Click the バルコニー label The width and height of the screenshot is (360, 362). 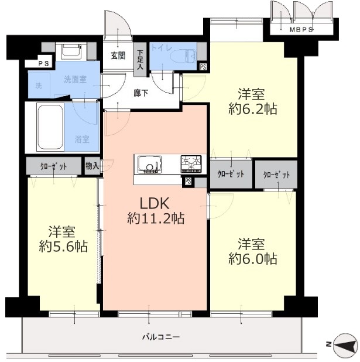pos(160,337)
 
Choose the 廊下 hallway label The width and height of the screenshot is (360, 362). pos(140,93)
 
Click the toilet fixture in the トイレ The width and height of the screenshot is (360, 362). pos(188,57)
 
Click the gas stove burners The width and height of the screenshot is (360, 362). pos(190,162)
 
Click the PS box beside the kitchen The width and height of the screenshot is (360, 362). pos(187,182)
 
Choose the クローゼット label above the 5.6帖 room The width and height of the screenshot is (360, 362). pos(53,166)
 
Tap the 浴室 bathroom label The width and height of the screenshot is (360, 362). pos(83,139)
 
